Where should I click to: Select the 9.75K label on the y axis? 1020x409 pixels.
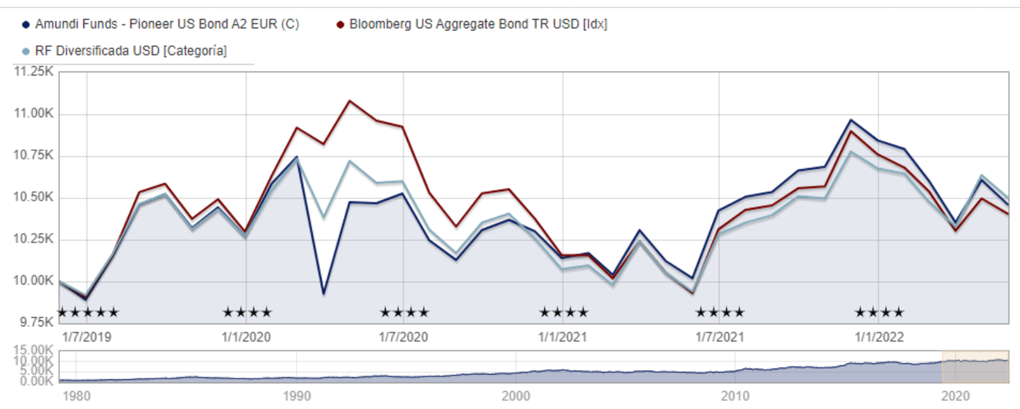[36, 323]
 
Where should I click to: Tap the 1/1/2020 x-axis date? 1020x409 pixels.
[246, 337]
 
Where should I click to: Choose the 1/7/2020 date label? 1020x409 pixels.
[404, 337]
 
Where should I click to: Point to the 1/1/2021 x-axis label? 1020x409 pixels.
[562, 337]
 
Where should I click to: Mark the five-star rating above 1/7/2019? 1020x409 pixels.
[88, 312]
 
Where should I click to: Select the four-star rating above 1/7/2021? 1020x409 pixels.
[720, 312]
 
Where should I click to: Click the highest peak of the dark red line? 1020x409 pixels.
[349, 101]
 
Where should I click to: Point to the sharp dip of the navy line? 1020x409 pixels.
[324, 293]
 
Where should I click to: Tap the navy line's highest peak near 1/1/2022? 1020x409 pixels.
[851, 120]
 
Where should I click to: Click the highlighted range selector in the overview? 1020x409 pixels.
[975, 366]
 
